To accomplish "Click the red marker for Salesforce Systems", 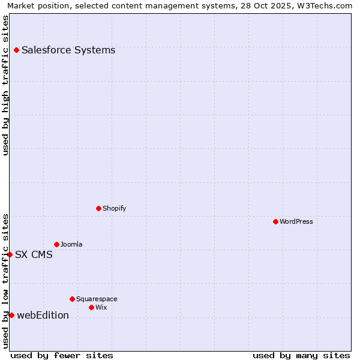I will coord(16,50).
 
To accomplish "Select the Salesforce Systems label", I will coord(68,50).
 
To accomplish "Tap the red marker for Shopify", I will coord(98,209).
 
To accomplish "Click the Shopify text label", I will coord(114,209).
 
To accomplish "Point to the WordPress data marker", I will coord(275,222).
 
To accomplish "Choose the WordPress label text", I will coord(296,222).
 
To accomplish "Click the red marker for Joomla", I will coord(56,244).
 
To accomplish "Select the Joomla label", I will coord(71,245).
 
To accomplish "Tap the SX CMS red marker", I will coord(10,254).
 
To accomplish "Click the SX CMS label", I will coord(34,255).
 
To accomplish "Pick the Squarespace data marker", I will coord(72,299).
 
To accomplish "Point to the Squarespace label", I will coord(97,299).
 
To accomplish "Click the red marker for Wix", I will coord(91,307).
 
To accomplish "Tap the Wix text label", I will coord(101,308).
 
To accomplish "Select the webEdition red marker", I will coord(11,316).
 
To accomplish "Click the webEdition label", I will coord(43,316).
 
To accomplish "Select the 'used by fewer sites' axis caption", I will coord(62,355).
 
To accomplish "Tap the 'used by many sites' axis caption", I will coord(301,355).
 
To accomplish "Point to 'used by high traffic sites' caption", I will coord(5,85).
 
